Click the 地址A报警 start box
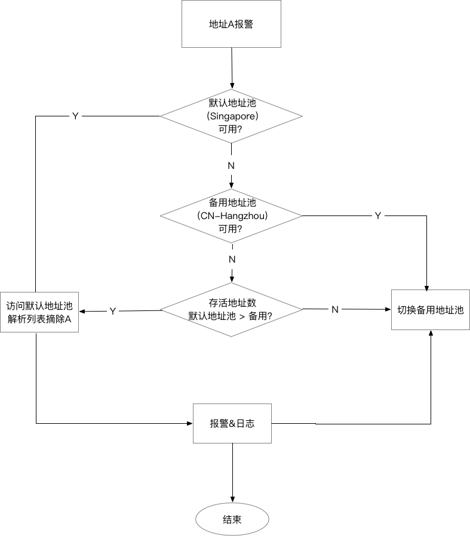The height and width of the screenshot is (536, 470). tap(232, 24)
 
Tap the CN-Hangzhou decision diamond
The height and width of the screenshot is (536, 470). tap(232, 215)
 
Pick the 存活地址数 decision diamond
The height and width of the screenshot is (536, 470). tap(232, 309)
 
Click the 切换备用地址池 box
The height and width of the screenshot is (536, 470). tap(430, 310)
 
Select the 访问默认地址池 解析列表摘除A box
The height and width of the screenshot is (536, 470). tap(39, 311)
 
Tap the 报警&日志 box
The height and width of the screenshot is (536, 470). tap(232, 423)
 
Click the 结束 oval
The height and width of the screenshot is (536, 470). tap(232, 520)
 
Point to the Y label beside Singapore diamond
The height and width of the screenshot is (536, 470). tap(75, 116)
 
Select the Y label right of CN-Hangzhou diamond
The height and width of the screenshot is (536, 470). tap(377, 215)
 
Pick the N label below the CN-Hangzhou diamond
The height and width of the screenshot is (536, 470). tap(232, 259)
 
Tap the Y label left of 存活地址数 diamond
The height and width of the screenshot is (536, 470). tap(112, 311)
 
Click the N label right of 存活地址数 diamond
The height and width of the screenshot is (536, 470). tap(335, 309)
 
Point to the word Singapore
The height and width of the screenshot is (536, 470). tap(232, 115)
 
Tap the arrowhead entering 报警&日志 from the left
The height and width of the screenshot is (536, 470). tap(189, 423)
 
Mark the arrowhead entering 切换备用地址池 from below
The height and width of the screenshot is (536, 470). tap(431, 334)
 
